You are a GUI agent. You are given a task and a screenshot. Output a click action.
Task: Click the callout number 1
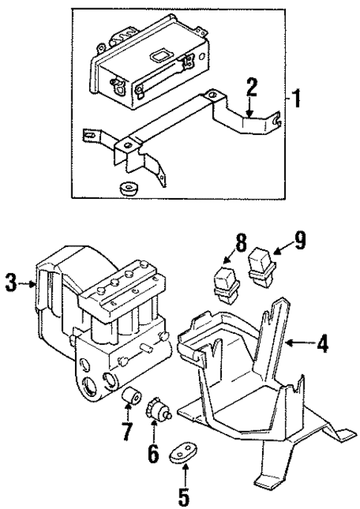click(297, 99)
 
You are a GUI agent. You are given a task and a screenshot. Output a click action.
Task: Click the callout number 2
click(252, 88)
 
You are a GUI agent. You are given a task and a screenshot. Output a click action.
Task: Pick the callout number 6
click(153, 453)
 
